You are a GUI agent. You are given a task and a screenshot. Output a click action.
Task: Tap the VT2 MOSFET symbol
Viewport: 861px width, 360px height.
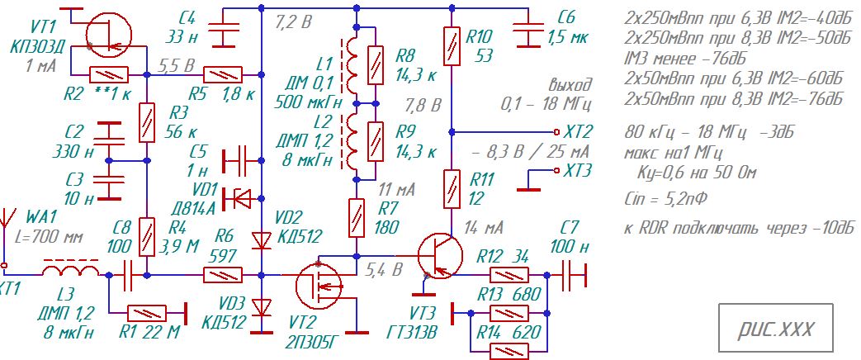pyautogui.click(x=319, y=286)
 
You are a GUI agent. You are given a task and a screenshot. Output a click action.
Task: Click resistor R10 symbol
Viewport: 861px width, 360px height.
pyautogui.click(x=452, y=46)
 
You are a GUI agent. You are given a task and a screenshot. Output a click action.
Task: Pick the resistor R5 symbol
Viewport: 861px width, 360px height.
pyautogui.click(x=223, y=74)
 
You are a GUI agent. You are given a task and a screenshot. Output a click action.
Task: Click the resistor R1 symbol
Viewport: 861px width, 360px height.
pyautogui.click(x=147, y=313)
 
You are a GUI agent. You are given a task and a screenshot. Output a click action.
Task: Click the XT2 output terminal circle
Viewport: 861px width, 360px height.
pyautogui.click(x=556, y=132)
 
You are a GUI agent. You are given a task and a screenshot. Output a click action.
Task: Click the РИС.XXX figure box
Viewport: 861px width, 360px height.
pyautogui.click(x=775, y=328)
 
